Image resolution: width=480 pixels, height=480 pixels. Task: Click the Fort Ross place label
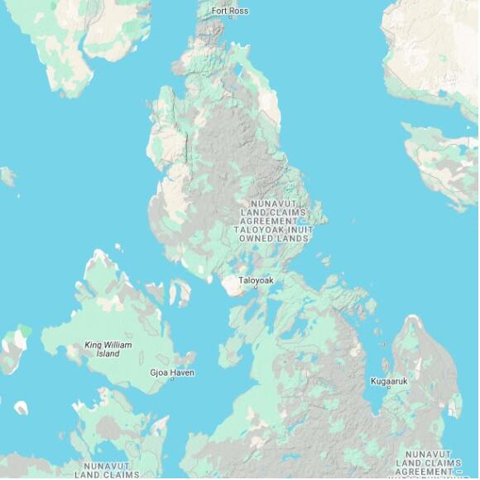[x=229, y=11]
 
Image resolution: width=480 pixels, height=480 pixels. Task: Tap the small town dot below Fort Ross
[x=229, y=18]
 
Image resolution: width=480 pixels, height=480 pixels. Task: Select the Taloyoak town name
[x=256, y=281]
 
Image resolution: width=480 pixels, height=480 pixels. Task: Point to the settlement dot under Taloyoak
[x=255, y=290]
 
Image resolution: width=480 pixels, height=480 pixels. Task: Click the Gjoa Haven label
[x=171, y=373]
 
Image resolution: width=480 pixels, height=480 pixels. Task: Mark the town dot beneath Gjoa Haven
[x=171, y=381]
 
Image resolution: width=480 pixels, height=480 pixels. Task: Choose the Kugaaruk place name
[x=389, y=382]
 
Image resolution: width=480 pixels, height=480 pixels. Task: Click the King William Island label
[x=108, y=349]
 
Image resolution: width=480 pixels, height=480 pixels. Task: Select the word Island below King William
[x=108, y=354]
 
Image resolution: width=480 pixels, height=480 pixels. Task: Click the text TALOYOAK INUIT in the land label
[x=274, y=230]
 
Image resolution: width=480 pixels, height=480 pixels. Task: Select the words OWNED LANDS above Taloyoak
[x=274, y=238]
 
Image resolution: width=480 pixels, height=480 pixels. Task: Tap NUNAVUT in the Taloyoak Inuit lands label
[x=274, y=203]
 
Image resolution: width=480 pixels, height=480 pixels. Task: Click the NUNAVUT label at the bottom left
[x=107, y=466]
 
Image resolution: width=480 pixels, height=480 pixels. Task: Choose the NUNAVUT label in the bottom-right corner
[x=429, y=454]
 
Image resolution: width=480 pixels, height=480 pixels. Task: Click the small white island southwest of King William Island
[x=21, y=407]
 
